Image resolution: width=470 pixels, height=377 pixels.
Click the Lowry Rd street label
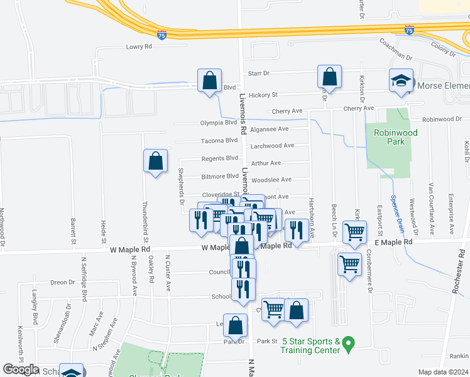pos(139,46)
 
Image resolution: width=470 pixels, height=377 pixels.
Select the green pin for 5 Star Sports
pos(351,343)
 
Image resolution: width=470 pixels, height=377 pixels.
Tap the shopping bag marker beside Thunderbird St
pos(155,161)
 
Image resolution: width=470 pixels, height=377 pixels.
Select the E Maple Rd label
pos(393,242)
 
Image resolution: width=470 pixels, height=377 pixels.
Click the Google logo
pos(21,370)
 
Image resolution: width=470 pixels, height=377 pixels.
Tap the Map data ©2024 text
pos(442,372)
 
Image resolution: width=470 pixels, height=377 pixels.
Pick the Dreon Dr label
pos(62,282)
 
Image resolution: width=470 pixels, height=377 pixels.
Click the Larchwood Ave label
pos(272,146)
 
